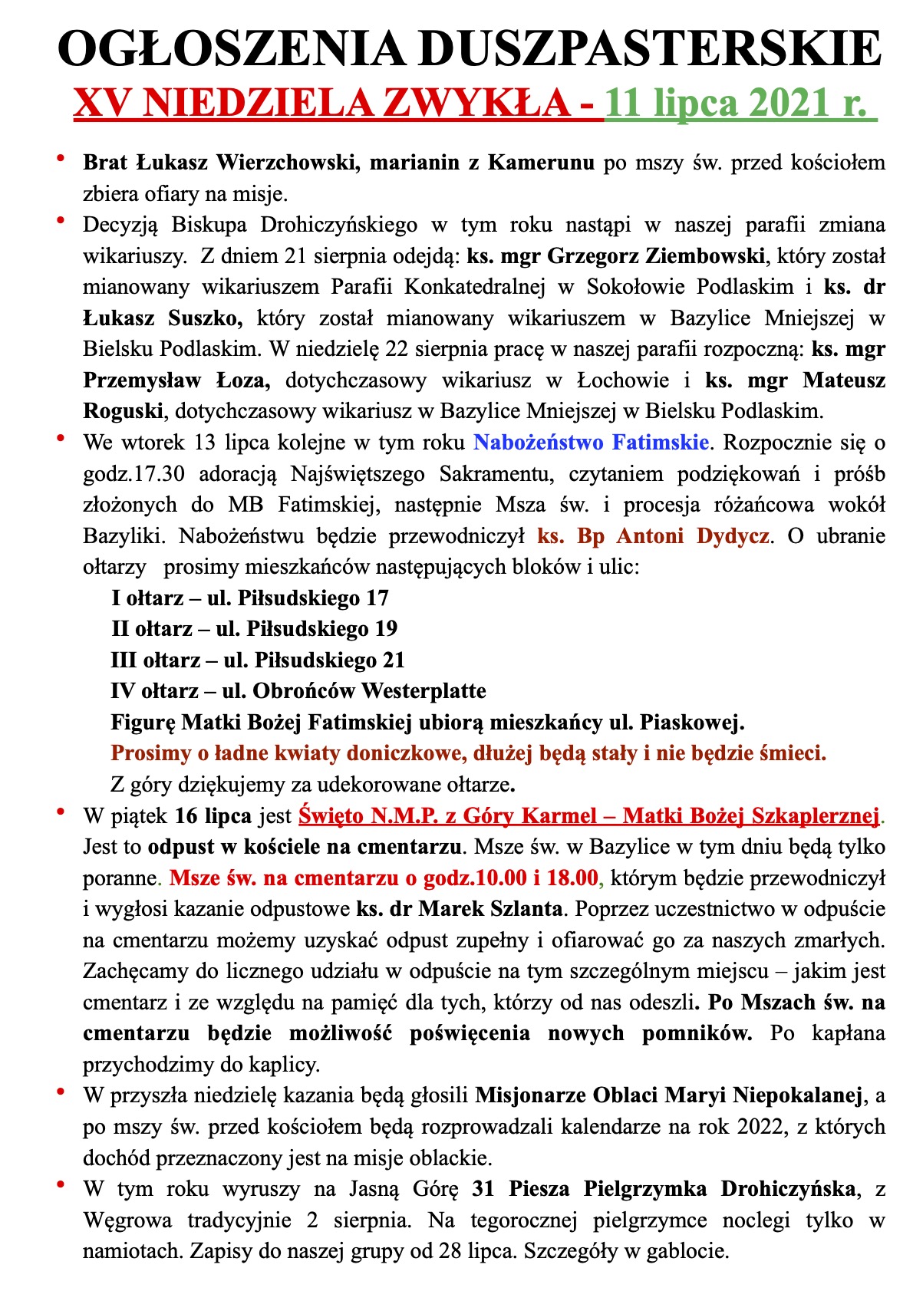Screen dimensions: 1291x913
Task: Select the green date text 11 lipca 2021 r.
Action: [740, 102]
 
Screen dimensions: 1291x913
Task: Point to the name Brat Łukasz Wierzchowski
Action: [222, 163]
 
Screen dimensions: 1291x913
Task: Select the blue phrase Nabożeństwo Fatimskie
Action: [590, 443]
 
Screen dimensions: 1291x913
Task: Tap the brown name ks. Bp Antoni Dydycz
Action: [653, 535]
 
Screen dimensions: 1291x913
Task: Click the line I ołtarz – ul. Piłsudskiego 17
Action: [250, 598]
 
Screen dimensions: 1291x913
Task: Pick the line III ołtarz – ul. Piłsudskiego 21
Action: [258, 660]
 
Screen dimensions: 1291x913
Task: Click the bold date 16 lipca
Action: [213, 816]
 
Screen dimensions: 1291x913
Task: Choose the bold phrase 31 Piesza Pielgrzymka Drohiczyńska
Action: [664, 1189]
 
